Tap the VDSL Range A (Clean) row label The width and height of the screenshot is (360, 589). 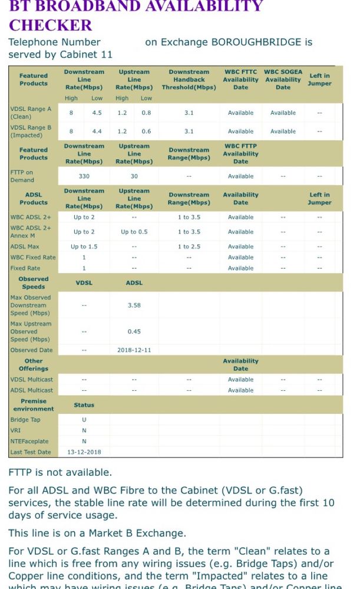pyautogui.click(x=31, y=113)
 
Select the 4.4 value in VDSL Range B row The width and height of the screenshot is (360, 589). pyautogui.click(x=97, y=131)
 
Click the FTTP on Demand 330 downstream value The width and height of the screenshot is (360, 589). pyautogui.click(x=84, y=176)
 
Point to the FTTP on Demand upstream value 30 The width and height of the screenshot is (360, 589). pyautogui.click(x=134, y=176)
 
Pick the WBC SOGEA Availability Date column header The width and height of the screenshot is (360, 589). pyautogui.click(x=283, y=80)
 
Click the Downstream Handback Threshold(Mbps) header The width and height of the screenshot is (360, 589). pyautogui.click(x=189, y=80)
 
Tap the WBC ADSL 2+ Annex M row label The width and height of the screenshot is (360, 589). pyautogui.click(x=31, y=232)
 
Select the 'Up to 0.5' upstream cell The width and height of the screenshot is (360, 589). pyautogui.click(x=134, y=232)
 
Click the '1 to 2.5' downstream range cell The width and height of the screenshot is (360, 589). pyautogui.click(x=189, y=247)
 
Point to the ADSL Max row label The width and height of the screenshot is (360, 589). pyautogui.click(x=25, y=247)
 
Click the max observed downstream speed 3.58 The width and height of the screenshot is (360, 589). pyautogui.click(x=134, y=305)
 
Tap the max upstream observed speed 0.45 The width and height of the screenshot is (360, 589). pyautogui.click(x=134, y=331)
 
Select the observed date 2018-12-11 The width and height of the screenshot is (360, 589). pyautogui.click(x=134, y=350)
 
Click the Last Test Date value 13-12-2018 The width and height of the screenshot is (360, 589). pyautogui.click(x=84, y=452)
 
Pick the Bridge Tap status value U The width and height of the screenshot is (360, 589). pyautogui.click(x=84, y=420)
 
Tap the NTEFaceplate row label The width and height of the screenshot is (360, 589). pyautogui.click(x=29, y=442)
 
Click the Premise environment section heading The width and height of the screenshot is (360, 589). pyautogui.click(x=34, y=405)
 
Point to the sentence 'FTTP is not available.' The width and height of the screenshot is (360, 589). pyautogui.click(x=60, y=472)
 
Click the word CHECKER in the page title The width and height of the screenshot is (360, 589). pyautogui.click(x=50, y=25)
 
